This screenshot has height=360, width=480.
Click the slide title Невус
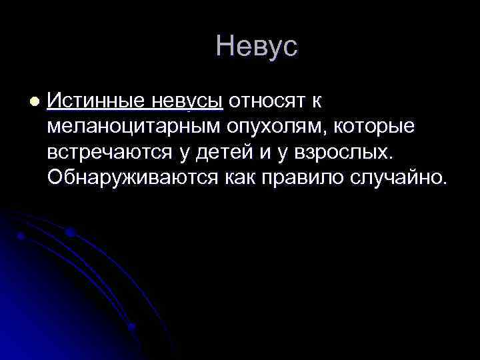257,47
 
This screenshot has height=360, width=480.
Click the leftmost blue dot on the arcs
21,235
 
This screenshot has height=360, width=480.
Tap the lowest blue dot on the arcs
131,326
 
